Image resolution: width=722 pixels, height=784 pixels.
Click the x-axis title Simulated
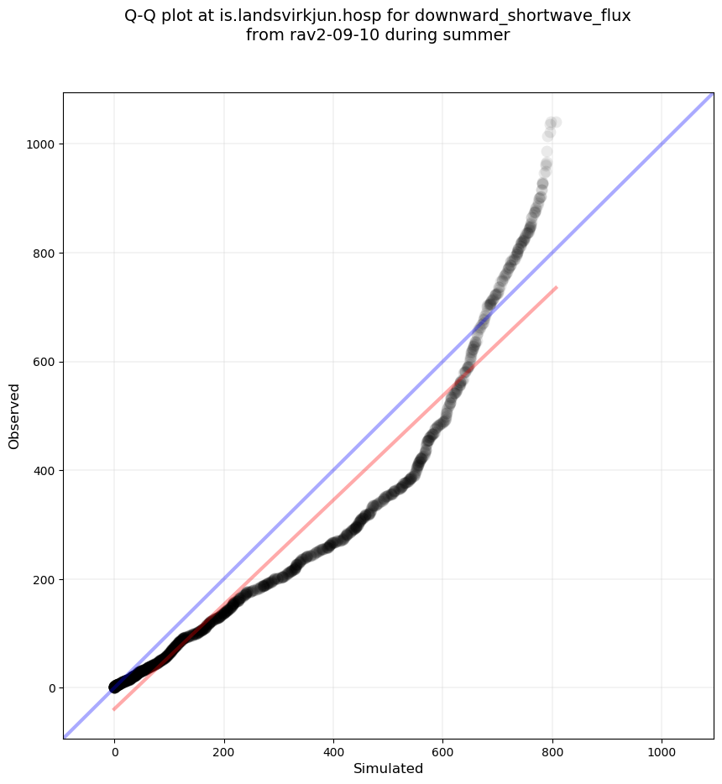[388, 769]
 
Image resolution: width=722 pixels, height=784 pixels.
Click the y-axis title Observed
[14, 416]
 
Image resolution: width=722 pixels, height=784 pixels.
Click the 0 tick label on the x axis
[115, 749]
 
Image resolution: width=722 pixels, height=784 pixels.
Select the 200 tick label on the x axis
[224, 749]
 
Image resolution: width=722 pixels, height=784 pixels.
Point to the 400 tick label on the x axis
[333, 749]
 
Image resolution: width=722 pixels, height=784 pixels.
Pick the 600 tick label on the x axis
[443, 749]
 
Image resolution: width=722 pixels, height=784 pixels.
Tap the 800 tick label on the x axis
[552, 749]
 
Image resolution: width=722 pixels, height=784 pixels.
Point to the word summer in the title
[479, 35]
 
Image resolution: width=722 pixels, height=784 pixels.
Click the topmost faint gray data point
[555, 123]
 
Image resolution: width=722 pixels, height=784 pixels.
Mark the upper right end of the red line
[557, 287]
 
